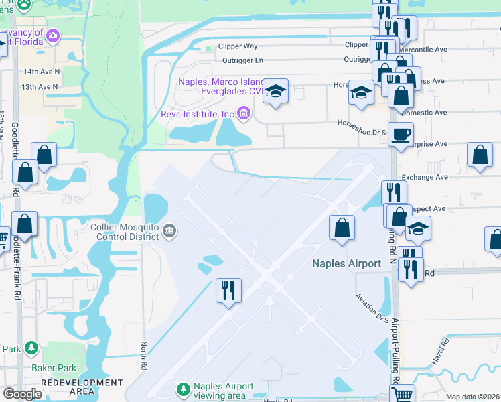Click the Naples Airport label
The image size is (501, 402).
coord(347,263)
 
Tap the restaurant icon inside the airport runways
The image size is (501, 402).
coord(228,290)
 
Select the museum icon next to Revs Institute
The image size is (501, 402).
coord(242,114)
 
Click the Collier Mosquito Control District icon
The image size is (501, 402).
coord(170,232)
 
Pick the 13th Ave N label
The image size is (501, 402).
coord(40,87)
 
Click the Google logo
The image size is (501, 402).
coord(22,394)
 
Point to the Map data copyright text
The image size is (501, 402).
coord(472,397)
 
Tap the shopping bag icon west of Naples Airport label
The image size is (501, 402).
coord(342,227)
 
